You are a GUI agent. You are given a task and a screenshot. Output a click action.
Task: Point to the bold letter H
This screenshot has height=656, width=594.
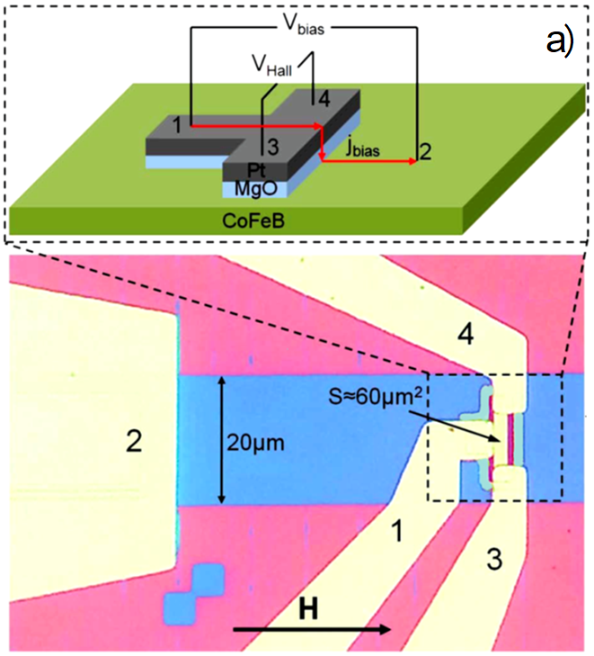coord(307,612)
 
